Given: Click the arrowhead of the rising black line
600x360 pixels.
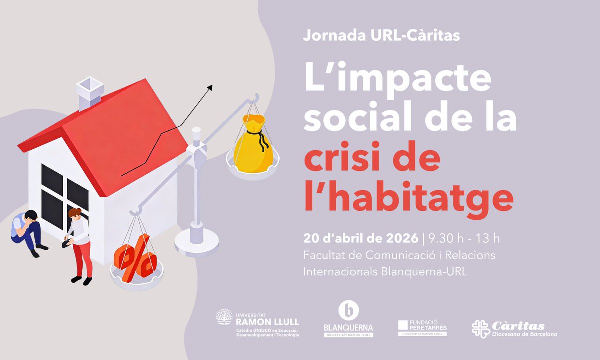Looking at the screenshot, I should tap(210, 87).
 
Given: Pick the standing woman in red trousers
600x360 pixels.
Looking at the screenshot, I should tap(79, 245).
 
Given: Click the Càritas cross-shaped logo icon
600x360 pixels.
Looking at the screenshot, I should tap(481, 329).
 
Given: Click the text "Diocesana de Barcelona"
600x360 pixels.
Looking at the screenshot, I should tap(524, 334).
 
